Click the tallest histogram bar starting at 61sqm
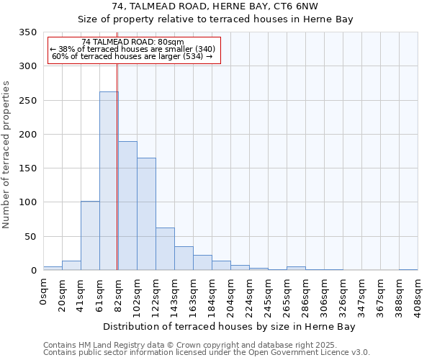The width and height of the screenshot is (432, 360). [x=109, y=181]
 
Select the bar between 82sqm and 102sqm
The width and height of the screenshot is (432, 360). [x=127, y=206]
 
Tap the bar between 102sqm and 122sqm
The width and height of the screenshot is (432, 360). [x=146, y=214]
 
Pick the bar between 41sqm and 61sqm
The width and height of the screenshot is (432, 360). [x=90, y=235]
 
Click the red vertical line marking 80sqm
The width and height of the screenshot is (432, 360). [x=117, y=166]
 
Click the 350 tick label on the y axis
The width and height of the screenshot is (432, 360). [x=27, y=32]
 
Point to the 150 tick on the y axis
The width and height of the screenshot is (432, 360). [x=27, y=168]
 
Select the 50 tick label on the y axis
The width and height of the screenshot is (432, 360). [x=30, y=236]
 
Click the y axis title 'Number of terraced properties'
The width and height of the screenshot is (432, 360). [x=6, y=155]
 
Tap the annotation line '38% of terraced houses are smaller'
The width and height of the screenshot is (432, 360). [x=132, y=49]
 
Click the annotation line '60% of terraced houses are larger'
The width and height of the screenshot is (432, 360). [x=132, y=56]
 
